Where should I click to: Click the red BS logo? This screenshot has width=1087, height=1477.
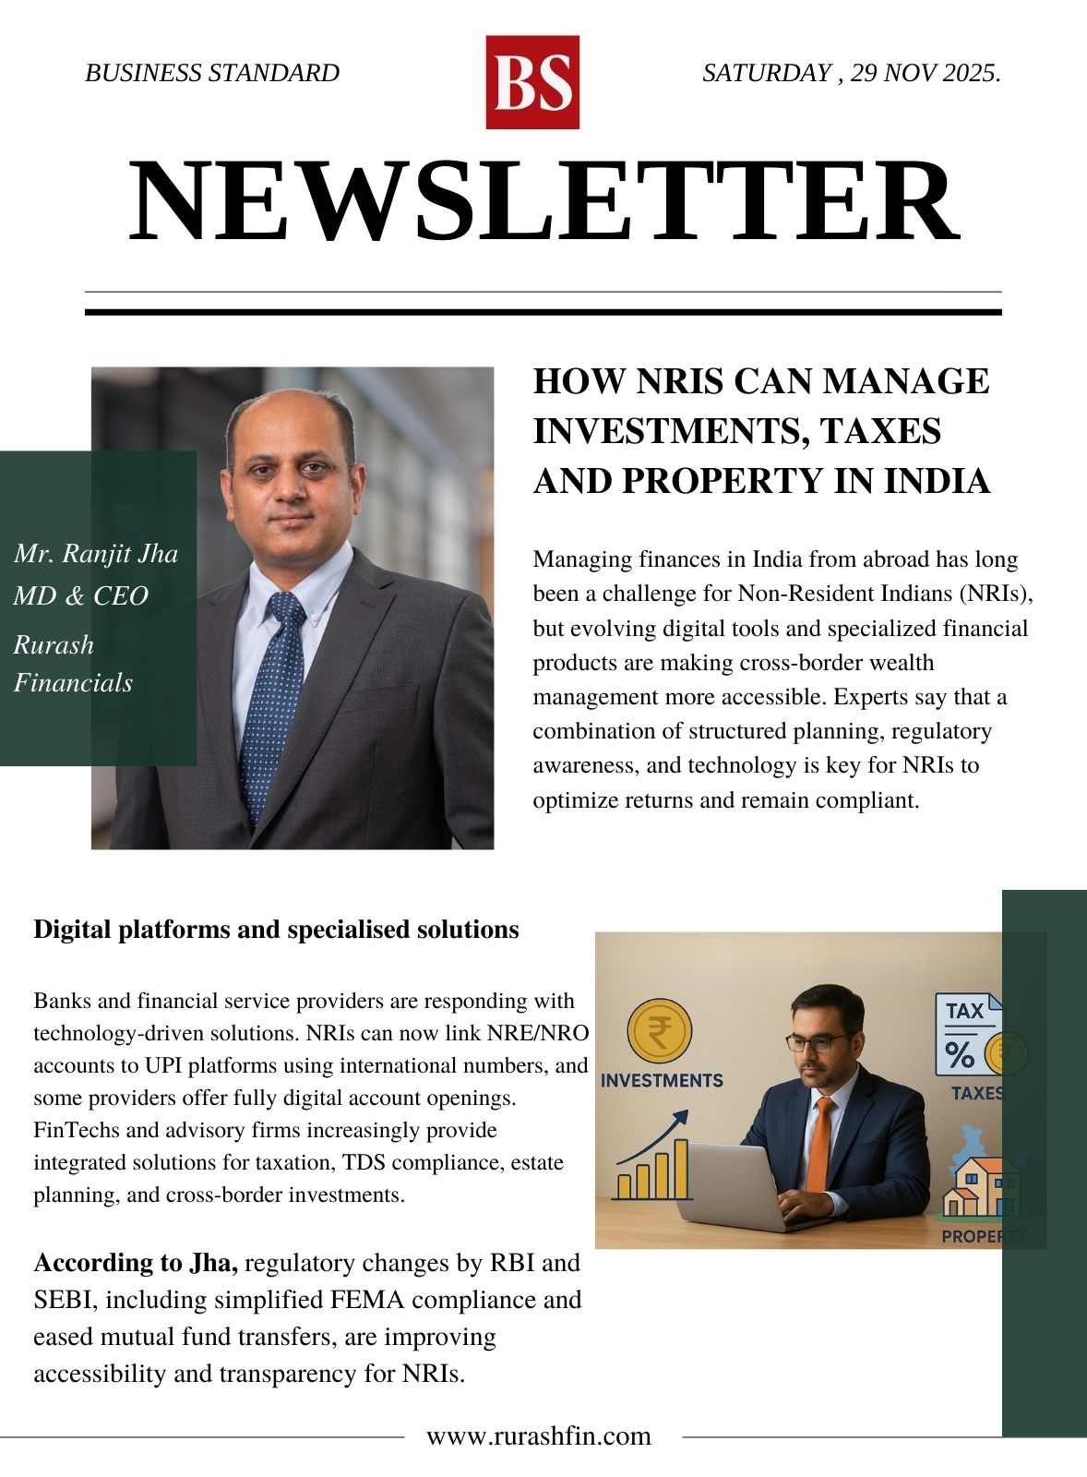point(532,82)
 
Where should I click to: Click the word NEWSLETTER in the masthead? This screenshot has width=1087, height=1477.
point(543,202)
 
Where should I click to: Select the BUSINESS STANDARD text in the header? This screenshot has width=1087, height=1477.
point(212,73)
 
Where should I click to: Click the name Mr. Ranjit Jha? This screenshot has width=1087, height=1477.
point(96,554)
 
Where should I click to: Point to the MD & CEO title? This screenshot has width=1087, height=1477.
point(81,595)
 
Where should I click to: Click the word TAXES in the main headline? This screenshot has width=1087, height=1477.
point(881,431)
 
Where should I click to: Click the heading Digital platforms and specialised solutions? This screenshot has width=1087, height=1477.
point(276,929)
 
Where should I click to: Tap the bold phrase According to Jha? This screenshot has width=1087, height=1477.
point(137,1262)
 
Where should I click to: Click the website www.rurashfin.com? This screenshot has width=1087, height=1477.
point(539,1436)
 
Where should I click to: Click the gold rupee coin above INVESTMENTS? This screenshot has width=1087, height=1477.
point(659,1032)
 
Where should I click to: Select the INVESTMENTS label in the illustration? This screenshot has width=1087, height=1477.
point(662,1080)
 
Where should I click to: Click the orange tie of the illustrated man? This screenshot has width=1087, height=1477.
point(818,1145)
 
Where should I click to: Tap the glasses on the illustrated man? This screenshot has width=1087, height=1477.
point(818,1042)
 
